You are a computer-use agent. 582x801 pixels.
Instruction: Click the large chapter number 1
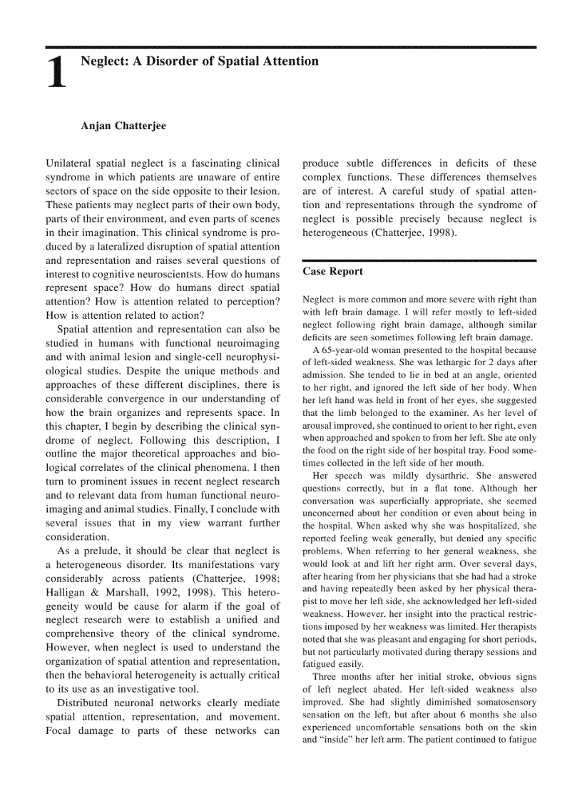[x=57, y=73]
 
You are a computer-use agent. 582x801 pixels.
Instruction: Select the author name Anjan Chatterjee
[x=123, y=126]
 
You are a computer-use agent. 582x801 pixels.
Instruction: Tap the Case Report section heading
[x=332, y=272]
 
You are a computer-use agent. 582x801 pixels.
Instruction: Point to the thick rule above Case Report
[x=419, y=260]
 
